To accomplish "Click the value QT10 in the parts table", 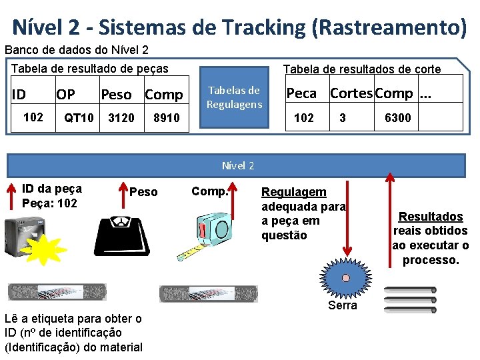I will click(79, 118).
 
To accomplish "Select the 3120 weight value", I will click(121, 118).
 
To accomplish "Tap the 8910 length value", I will click(166, 118).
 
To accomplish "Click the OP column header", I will click(66, 95).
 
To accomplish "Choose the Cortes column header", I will click(351, 93).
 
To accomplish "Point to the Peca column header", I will click(301, 93).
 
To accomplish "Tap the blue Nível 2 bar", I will click(237, 165).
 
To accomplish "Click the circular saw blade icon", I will click(343, 279).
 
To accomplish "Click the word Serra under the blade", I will click(343, 305).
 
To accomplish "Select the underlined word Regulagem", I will click(294, 192).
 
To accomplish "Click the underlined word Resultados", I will click(430, 217).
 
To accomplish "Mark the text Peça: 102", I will click(49, 203).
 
